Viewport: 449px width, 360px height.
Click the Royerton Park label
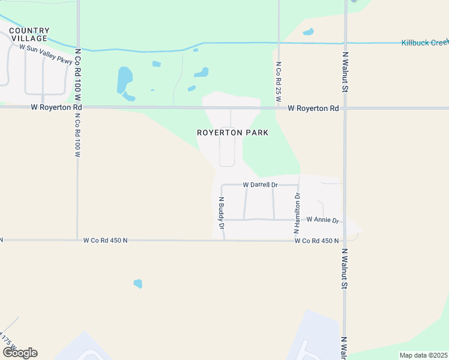pyautogui.click(x=232, y=133)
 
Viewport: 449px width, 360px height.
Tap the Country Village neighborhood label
pyautogui.click(x=29, y=34)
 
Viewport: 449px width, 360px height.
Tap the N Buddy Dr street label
pyautogui.click(x=221, y=214)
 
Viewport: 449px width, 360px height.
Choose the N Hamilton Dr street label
pyautogui.click(x=297, y=213)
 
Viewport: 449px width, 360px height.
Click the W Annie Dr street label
pyautogui.click(x=322, y=220)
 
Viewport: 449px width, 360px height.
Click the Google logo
pyautogui.click(x=20, y=353)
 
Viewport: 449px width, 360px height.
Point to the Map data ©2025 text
pyautogui.click(x=423, y=355)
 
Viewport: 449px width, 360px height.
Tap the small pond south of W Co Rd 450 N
pyautogui.click(x=138, y=284)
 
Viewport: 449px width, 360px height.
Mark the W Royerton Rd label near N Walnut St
pyautogui.click(x=313, y=109)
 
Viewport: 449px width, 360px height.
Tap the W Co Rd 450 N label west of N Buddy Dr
pyautogui.click(x=105, y=241)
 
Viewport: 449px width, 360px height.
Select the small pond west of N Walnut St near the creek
pyautogui.click(x=308, y=32)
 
